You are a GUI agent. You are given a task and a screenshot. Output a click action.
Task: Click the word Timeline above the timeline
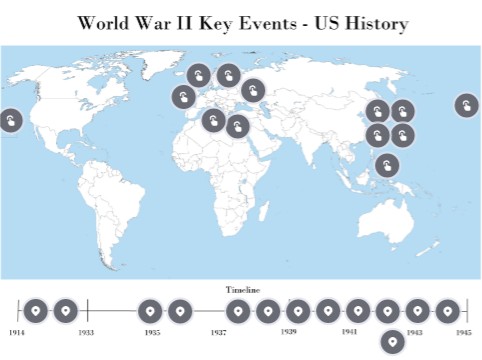coord(241,289)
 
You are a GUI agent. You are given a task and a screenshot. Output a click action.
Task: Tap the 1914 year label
coord(16,331)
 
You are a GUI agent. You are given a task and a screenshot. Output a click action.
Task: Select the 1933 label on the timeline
coord(87,331)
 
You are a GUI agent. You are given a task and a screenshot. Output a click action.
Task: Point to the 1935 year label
coord(152,331)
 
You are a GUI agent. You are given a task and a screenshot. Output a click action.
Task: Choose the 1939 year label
coord(289,331)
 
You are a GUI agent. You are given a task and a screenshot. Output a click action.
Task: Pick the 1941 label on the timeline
coord(349,331)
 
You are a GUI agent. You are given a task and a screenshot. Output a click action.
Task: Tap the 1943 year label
coord(415,331)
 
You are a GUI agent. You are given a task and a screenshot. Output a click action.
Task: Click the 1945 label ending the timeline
coord(464,331)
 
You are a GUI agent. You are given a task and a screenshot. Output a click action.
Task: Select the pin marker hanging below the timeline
coord(391,341)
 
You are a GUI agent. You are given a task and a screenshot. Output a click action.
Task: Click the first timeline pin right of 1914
coord(36,311)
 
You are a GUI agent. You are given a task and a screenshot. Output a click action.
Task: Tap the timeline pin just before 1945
coord(447,311)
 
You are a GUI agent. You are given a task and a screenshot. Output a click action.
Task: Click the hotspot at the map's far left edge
coord(9,121)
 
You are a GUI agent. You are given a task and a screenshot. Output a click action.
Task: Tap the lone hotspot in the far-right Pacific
coord(466,105)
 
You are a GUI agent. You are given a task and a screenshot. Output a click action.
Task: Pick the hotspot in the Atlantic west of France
coord(183,97)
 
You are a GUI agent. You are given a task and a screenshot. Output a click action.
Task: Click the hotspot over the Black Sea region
coord(254,90)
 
